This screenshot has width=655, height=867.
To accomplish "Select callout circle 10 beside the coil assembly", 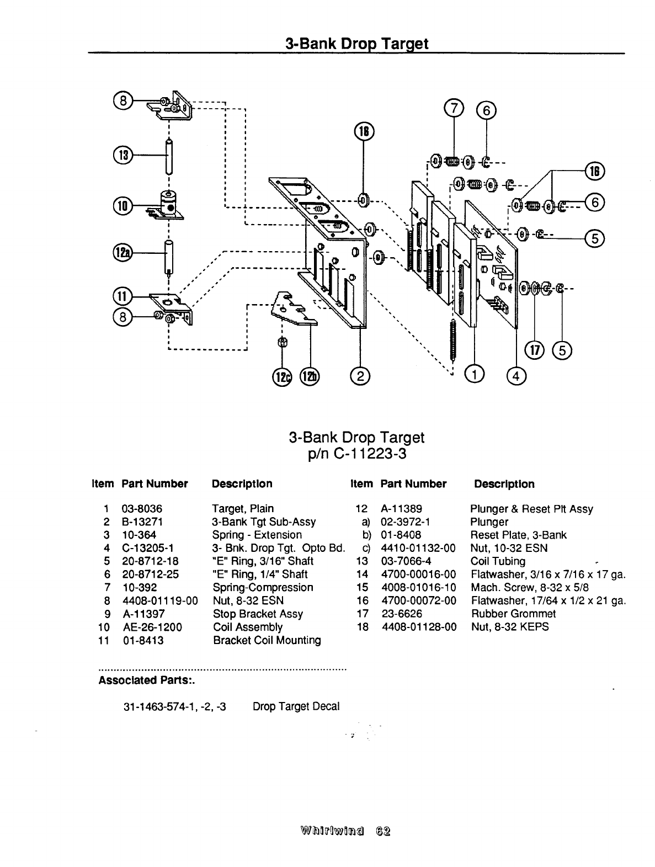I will point(122,206).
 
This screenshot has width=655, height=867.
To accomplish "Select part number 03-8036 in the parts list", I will point(142,508).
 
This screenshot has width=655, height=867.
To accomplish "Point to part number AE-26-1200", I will point(152,627).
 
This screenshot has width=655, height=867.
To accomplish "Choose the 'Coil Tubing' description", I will point(498,561).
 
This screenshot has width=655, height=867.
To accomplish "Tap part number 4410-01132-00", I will point(418,548).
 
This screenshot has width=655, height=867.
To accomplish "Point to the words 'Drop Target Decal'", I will point(296,706).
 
